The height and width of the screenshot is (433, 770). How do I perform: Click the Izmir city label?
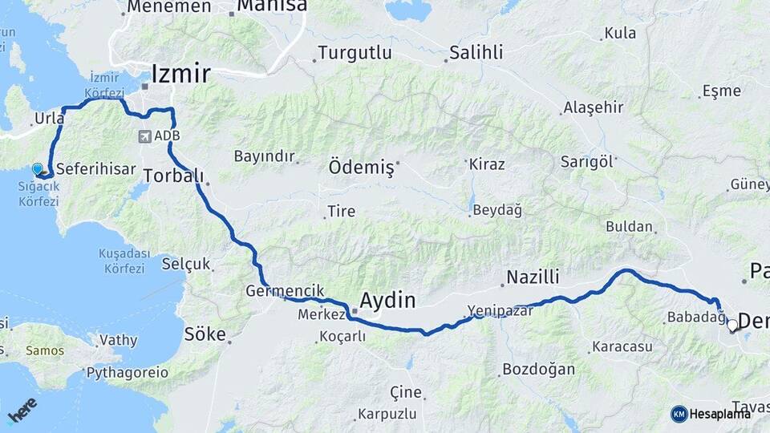180,75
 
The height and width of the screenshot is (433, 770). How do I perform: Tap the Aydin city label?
388,301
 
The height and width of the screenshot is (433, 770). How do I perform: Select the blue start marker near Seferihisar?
38,169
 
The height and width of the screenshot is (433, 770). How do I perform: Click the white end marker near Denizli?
732,326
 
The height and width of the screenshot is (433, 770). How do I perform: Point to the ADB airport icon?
145,136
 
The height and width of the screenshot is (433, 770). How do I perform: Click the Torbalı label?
174,176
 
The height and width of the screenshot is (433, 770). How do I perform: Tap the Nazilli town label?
532,278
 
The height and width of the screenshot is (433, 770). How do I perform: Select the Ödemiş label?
362,168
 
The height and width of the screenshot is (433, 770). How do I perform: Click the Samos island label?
45,350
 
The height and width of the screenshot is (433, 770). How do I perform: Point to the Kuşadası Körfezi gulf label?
124,261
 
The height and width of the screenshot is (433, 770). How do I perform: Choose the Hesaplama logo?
711,414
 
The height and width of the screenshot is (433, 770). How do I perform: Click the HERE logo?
22,411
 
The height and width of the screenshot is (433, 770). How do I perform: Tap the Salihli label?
476,53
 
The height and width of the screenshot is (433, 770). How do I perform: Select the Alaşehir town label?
593,107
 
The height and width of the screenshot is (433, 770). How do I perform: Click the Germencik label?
286,290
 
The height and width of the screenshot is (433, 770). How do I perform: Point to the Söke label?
205,334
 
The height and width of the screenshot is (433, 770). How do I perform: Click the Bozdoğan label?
538,370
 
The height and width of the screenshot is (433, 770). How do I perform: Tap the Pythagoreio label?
128,373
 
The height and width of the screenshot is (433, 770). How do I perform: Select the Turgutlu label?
355,53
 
